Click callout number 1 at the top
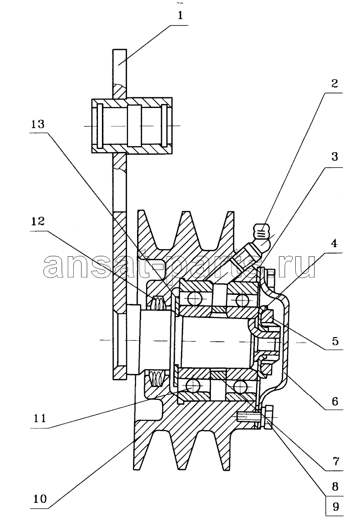[180, 16]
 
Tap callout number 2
[334, 83]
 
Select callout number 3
[334, 156]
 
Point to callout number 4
[334, 243]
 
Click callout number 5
[334, 340]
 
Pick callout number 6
[334, 401]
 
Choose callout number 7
[335, 461]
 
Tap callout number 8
[335, 487]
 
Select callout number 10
[40, 498]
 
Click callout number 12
[38, 221]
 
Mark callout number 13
[38, 124]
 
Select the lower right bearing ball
[239, 385]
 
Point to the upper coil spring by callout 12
[158, 302]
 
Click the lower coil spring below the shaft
[158, 378]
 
